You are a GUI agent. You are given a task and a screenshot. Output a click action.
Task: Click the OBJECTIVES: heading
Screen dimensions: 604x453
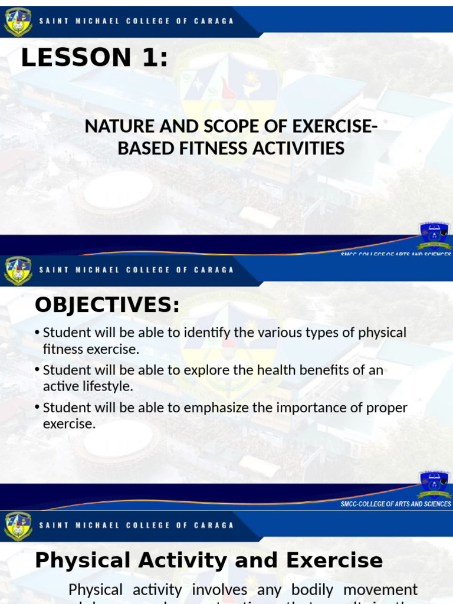coord(107,305)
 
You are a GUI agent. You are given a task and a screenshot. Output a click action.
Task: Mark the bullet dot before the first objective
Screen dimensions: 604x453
coord(38,333)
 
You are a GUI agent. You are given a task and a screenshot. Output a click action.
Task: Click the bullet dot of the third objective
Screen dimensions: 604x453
coord(38,408)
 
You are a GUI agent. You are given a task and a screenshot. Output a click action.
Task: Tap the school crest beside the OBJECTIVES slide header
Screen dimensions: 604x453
coord(18,270)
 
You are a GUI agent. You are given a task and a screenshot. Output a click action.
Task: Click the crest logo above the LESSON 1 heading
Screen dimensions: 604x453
coord(18,22)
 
